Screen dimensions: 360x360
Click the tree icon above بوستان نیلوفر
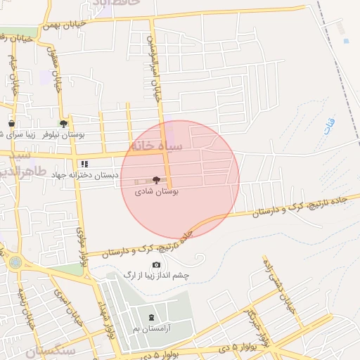pyautogui.click(x=64, y=123)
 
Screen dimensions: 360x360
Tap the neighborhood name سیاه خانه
pyautogui.click(x=155, y=146)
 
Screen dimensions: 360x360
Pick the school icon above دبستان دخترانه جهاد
pyautogui.click(x=85, y=164)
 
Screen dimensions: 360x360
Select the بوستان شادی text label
pyautogui.click(x=157, y=190)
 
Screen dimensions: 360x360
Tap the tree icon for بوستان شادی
pyautogui.click(x=156, y=180)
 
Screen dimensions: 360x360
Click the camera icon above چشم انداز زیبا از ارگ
pyautogui.click(x=156, y=265)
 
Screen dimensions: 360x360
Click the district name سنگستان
pyautogui.click(x=51, y=349)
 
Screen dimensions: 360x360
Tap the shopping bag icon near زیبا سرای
pyautogui.click(x=11, y=124)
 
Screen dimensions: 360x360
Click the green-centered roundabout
pyautogui.click(x=15, y=262)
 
